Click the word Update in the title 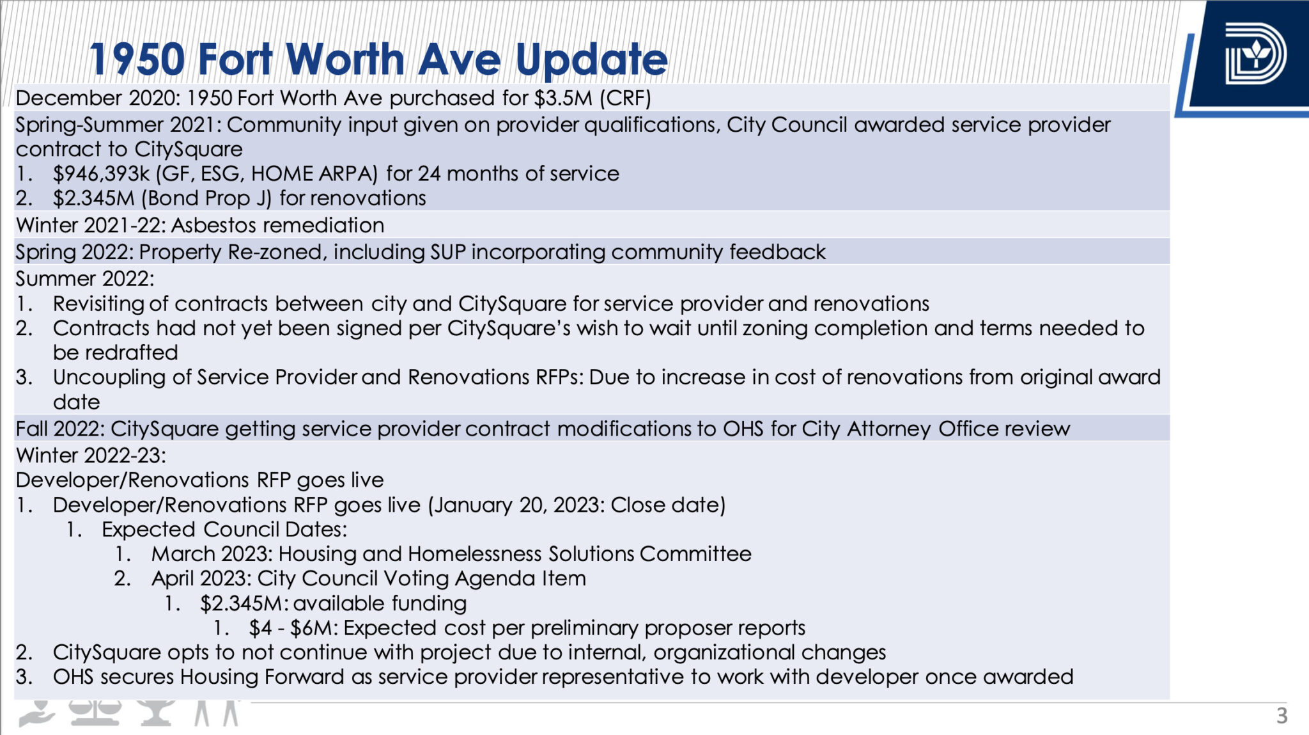(591, 59)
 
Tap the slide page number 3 (1282, 715)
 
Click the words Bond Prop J (206, 198)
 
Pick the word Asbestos (213, 225)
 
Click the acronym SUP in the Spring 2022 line (448, 252)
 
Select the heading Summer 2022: (85, 279)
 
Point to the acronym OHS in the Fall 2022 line (743, 429)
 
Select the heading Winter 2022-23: (91, 455)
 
